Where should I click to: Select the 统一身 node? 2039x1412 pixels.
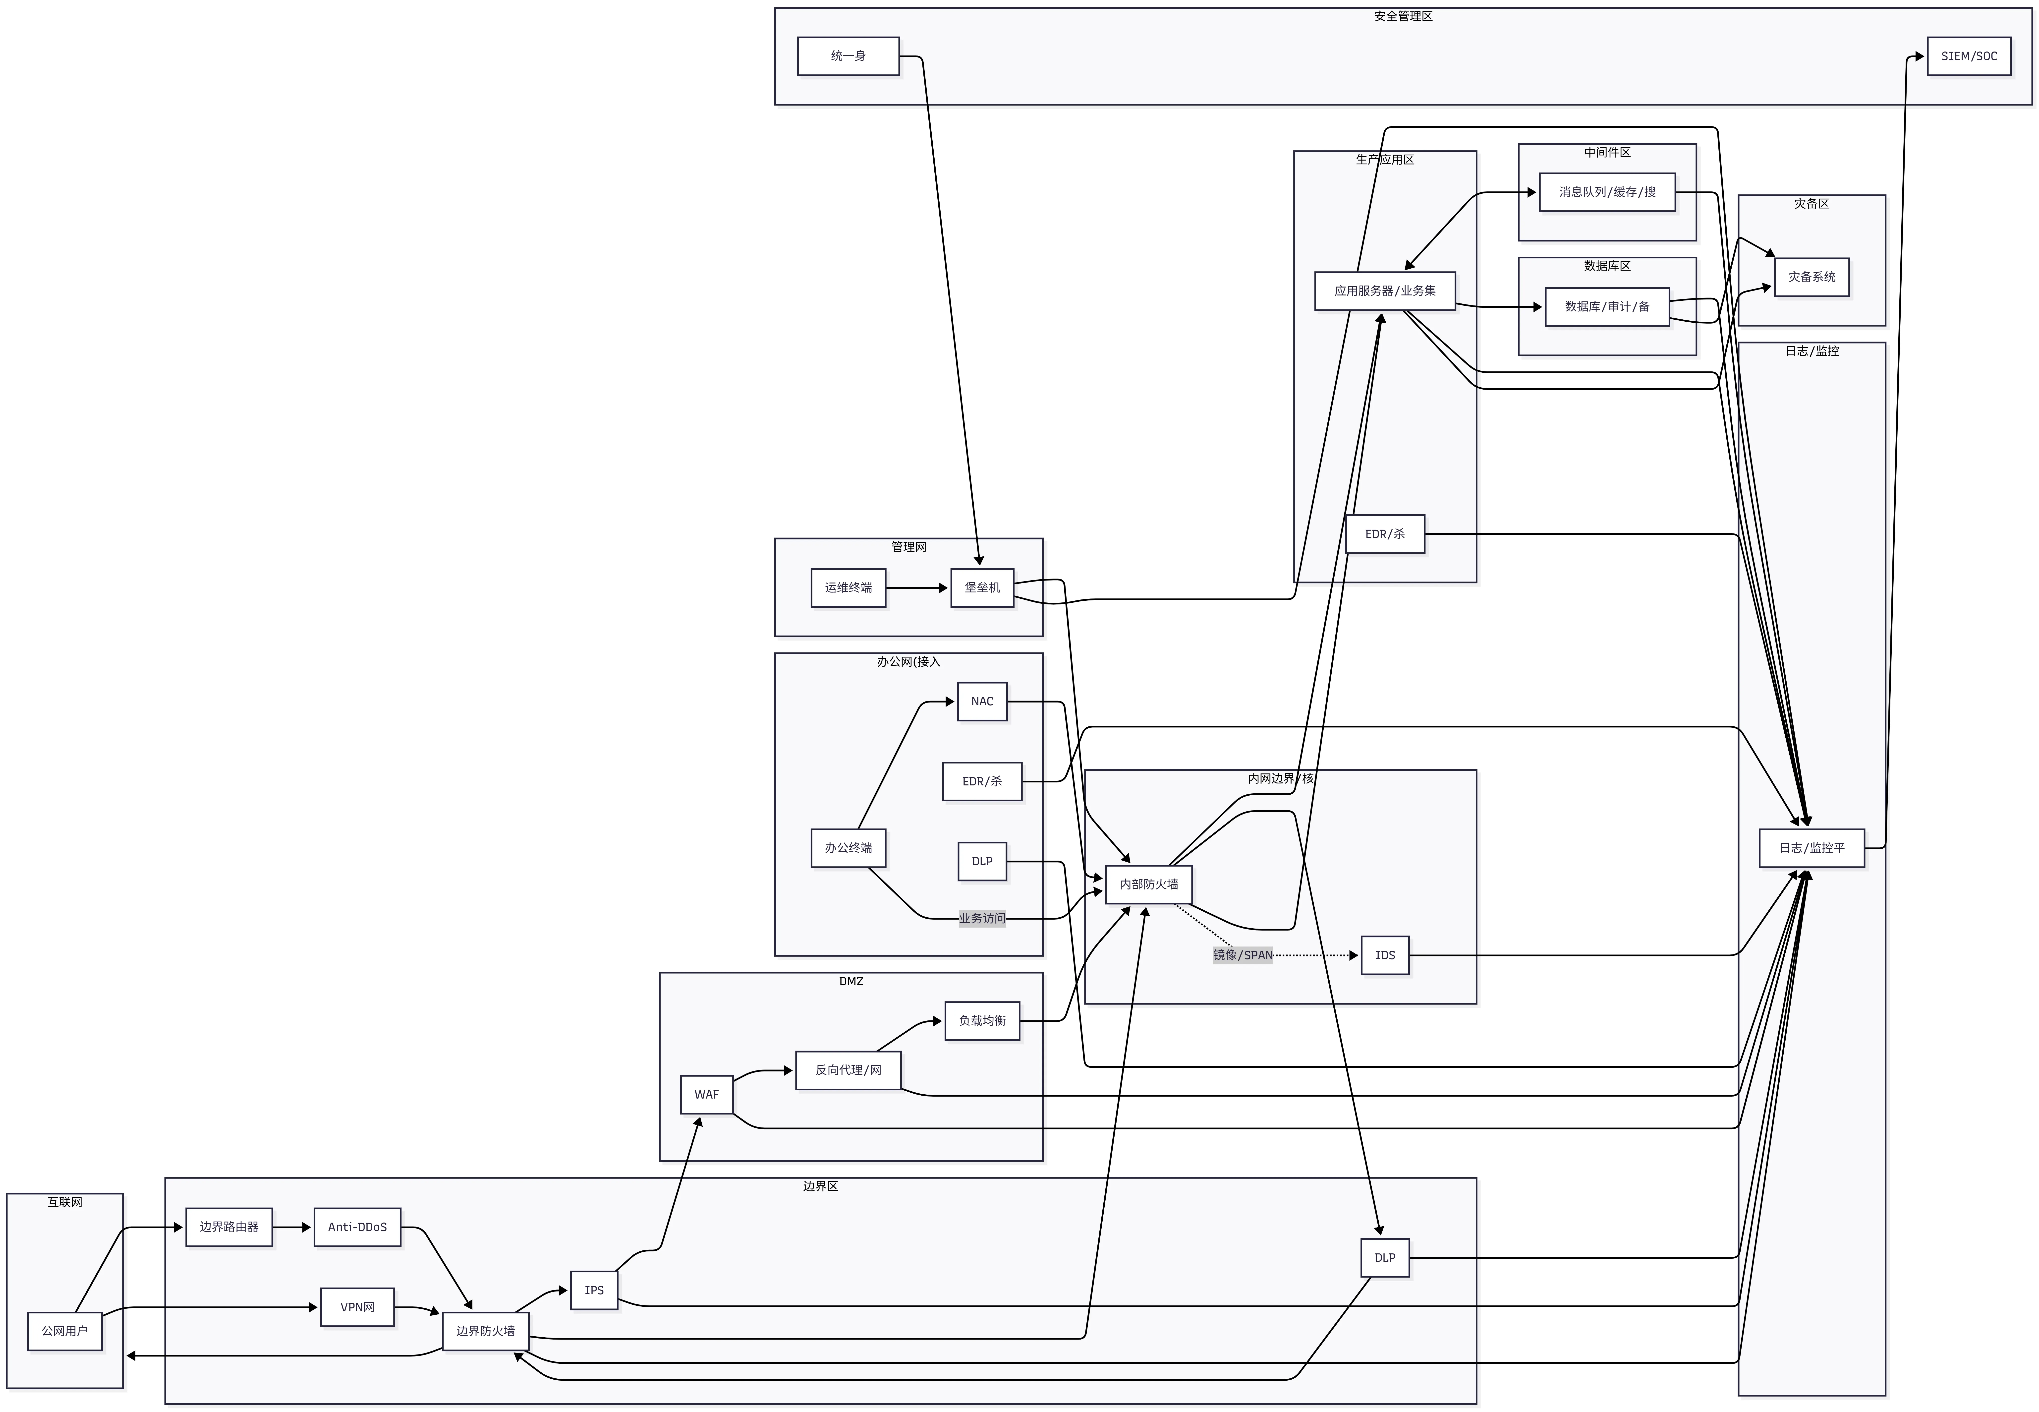click(848, 56)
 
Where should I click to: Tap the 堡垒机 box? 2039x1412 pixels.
click(982, 588)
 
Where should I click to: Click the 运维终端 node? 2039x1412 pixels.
click(848, 588)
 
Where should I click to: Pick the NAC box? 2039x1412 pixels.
click(982, 702)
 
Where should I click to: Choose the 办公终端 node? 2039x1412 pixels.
click(848, 848)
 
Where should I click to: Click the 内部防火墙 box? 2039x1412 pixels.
click(1148, 884)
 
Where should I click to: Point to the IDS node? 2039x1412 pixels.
click(1384, 955)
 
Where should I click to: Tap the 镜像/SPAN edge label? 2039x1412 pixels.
click(1242, 955)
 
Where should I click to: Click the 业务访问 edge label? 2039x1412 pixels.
click(982, 918)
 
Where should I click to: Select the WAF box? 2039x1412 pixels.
click(706, 1094)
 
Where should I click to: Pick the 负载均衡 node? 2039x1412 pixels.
click(982, 1021)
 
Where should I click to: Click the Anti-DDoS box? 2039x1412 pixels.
click(356, 1227)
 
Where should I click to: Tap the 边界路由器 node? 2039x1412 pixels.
click(228, 1227)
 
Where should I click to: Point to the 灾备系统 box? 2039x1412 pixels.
click(1811, 277)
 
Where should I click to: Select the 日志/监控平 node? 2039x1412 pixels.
click(1811, 848)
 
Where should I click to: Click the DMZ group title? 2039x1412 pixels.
click(850, 981)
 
